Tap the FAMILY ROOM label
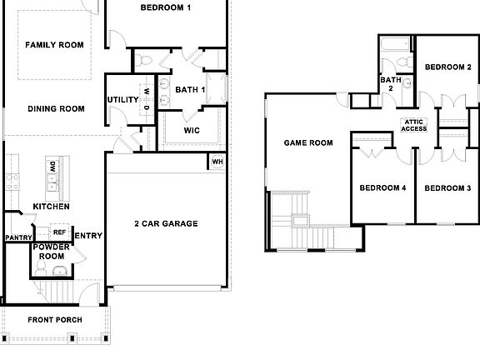54,45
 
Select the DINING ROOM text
57,108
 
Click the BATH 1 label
190,89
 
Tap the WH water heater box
217,162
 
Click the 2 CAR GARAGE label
166,223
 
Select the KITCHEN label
51,207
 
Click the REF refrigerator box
59,232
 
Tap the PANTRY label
17,238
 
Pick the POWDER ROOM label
51,252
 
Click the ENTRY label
88,236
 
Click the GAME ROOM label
308,143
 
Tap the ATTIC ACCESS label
414,126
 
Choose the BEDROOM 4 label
382,188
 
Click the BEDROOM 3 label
447,188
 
